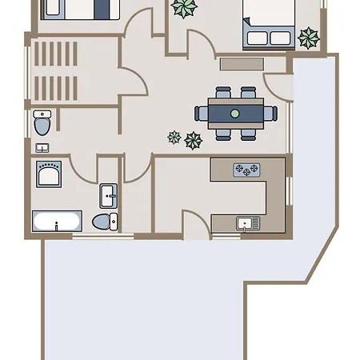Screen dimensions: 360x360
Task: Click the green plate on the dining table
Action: pos(234,114)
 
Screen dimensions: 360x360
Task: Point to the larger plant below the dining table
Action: pos(193,141)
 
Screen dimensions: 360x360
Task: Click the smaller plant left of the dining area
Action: pos(173,137)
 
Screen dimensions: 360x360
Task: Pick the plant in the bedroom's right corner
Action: pos(307,36)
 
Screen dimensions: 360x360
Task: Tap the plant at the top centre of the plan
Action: pos(186,8)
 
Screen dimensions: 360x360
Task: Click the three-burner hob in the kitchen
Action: pos(246,170)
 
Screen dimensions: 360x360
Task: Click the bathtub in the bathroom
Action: pos(56,221)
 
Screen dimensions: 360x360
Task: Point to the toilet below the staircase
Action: pos(42,125)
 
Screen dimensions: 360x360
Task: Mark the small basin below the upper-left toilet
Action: pos(42,147)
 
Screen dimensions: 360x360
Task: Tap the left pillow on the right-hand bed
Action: pos(258,38)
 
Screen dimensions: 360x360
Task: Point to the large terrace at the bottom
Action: pos(144,304)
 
